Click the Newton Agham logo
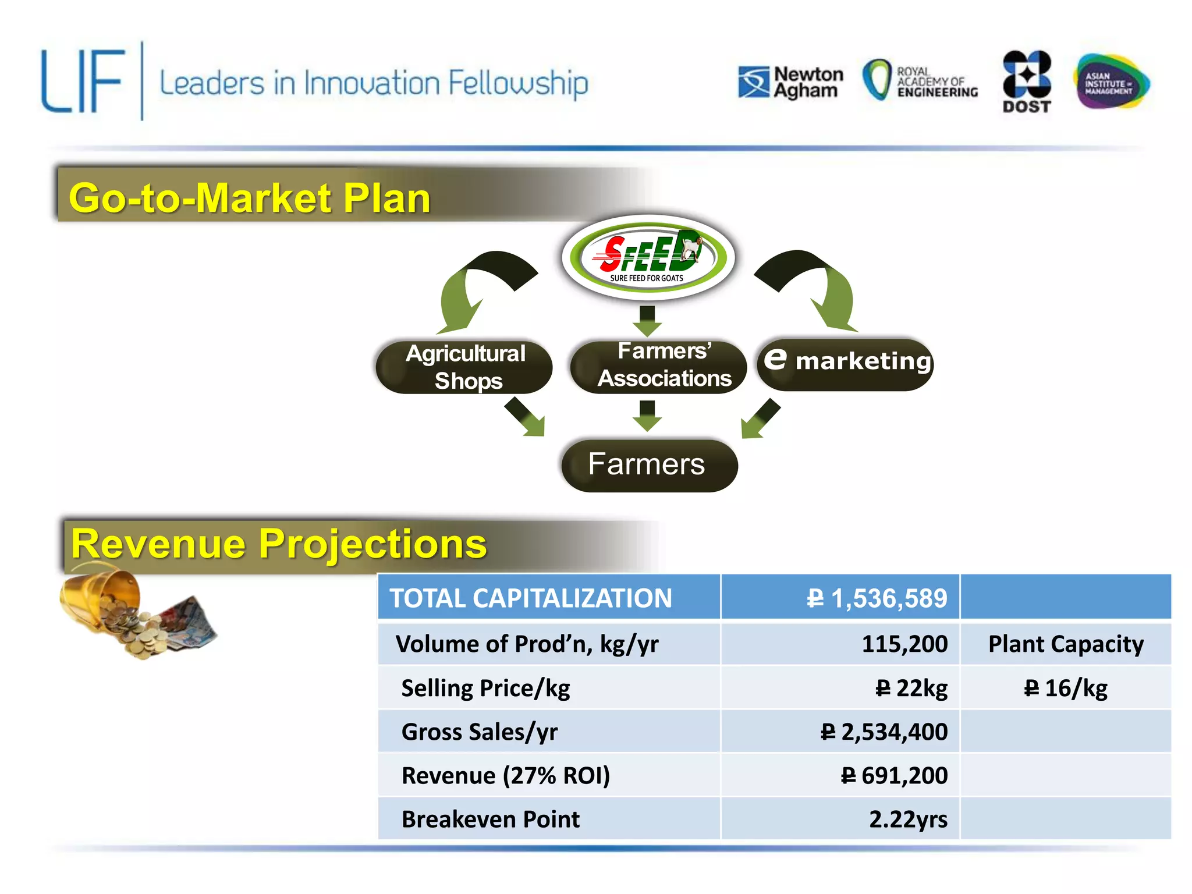coord(790,83)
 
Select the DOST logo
coord(1027,81)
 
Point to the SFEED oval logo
coord(648,257)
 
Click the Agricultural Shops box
coord(464,367)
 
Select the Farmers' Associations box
coord(658,366)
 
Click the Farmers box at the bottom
coord(649,465)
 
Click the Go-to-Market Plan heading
coord(249,198)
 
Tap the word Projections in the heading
coord(372,544)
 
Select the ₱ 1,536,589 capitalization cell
coord(876,598)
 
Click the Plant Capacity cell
coord(1065,644)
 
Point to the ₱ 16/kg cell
coord(1065,689)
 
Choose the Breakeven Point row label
coord(490,819)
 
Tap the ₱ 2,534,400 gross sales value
coord(884,732)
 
